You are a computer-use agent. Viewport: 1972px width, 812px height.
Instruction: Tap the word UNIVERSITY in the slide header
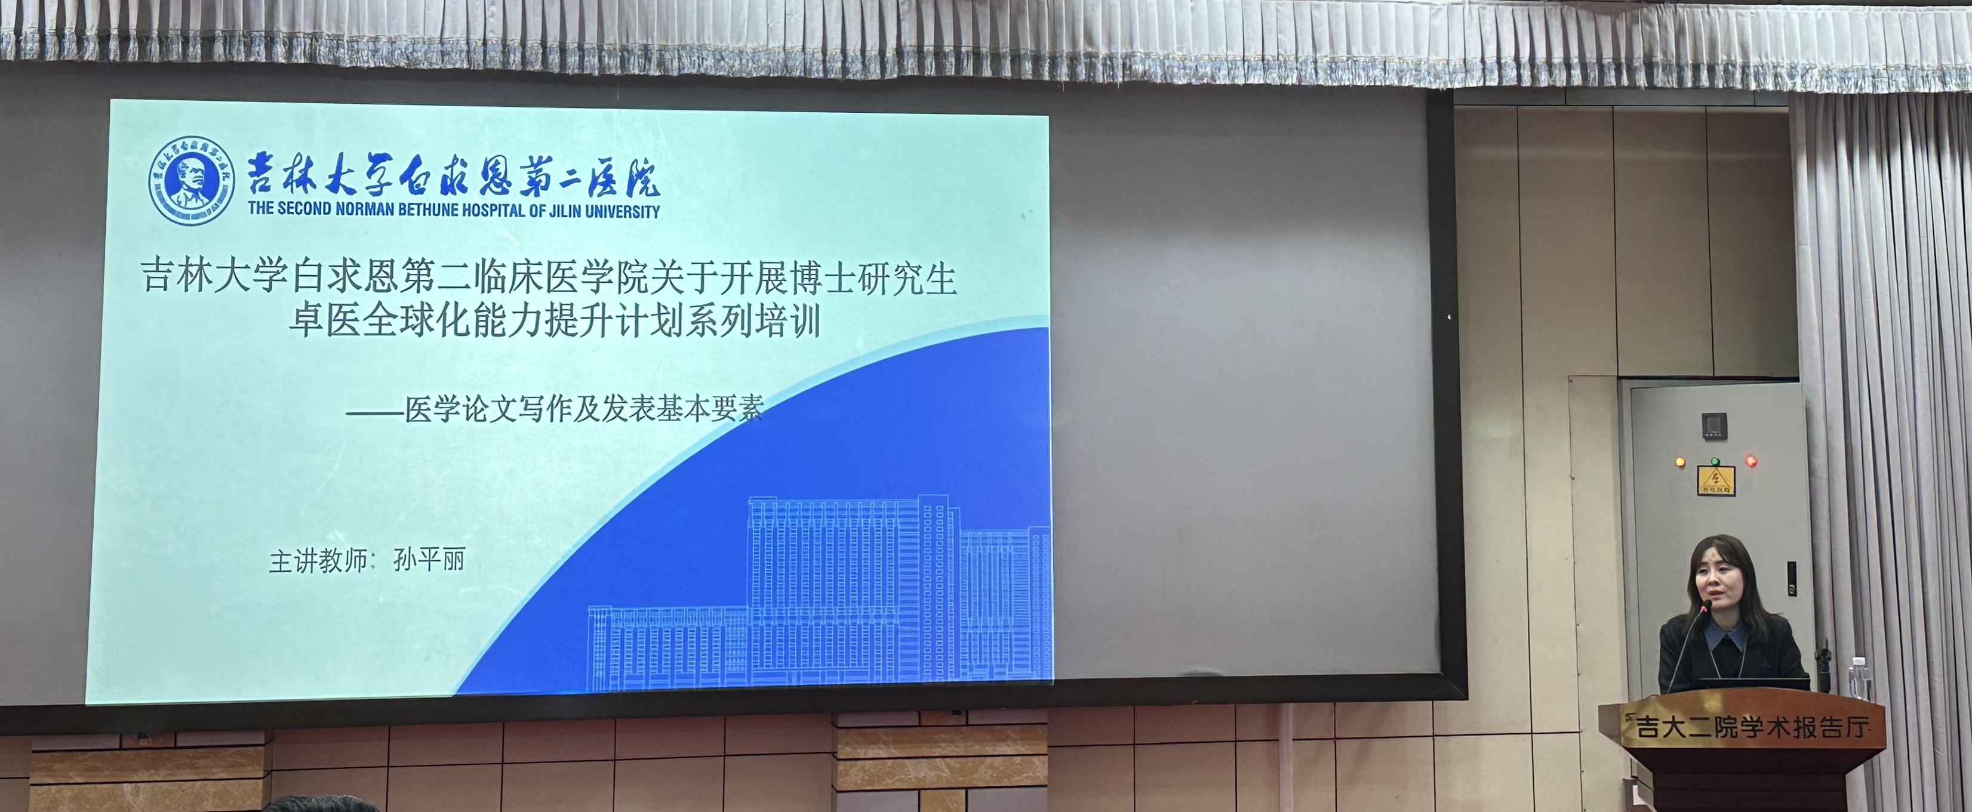pyautogui.click(x=622, y=211)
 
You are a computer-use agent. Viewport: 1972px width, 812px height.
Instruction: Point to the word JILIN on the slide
pyautogui.click(x=562, y=211)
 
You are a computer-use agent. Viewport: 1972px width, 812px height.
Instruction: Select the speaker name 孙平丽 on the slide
pyautogui.click(x=429, y=560)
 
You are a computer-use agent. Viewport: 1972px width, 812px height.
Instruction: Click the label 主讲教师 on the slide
pyautogui.click(x=318, y=561)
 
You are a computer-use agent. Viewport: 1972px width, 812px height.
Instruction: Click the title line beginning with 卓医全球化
pyautogui.click(x=554, y=320)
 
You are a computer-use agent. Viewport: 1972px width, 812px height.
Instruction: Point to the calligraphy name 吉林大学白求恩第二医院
pyautogui.click(x=454, y=174)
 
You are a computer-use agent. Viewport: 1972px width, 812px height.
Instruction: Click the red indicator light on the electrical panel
pyautogui.click(x=1750, y=461)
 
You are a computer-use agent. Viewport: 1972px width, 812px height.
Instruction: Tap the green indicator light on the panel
pyautogui.click(x=1715, y=461)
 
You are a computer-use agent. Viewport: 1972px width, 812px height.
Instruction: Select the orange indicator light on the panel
pyautogui.click(x=1679, y=461)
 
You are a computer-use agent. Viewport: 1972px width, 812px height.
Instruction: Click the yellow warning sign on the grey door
pyautogui.click(x=1715, y=481)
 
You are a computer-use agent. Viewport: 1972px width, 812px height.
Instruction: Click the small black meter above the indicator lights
pyautogui.click(x=1714, y=425)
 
